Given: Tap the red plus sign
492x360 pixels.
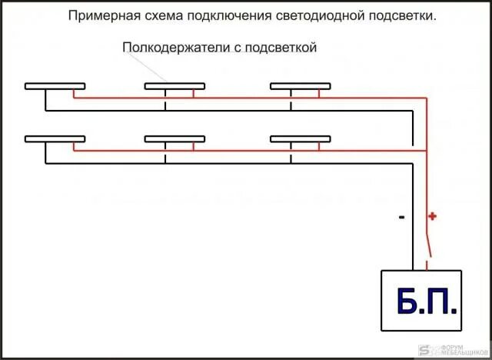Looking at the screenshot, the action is click(x=433, y=216).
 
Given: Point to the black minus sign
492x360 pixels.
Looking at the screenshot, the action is click(x=401, y=218).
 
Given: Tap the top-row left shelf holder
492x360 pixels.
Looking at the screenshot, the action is click(x=55, y=86).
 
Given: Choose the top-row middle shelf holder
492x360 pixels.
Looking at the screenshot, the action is click(x=175, y=86).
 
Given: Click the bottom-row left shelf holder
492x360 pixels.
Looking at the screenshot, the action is click(x=55, y=139).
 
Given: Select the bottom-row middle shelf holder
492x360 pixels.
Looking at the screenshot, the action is click(x=175, y=139).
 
